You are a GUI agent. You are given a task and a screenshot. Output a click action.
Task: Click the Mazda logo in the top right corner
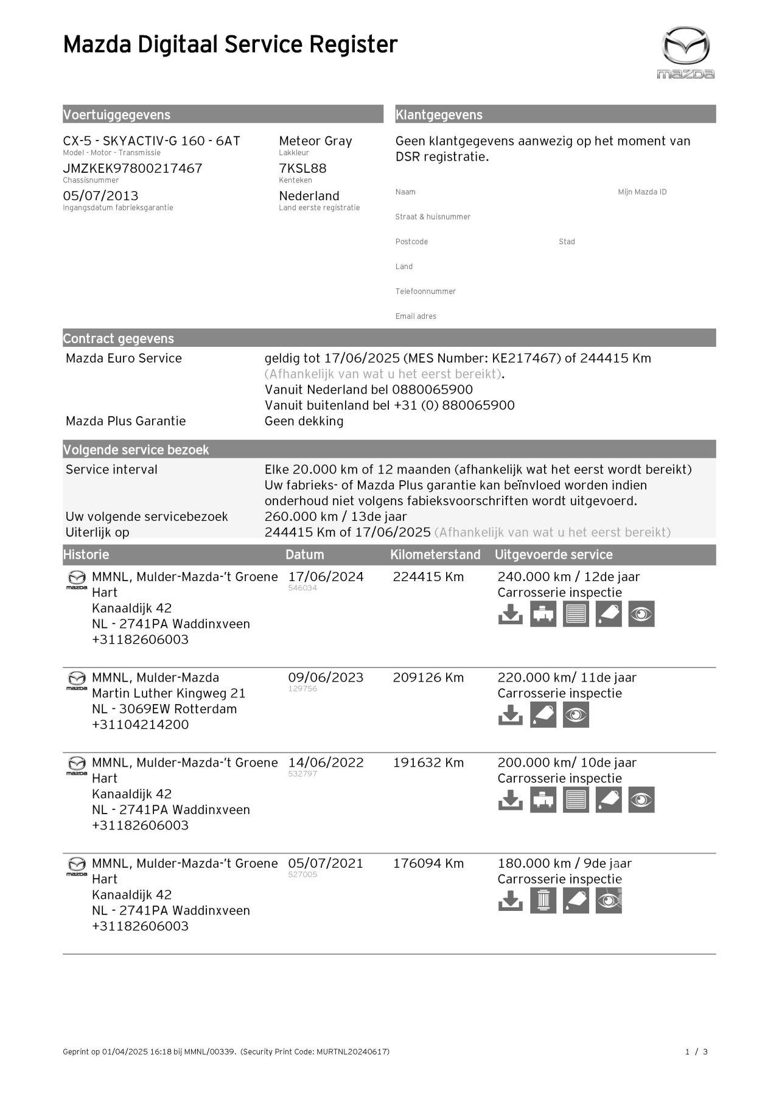[685, 52]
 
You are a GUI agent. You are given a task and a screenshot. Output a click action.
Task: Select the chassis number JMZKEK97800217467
[133, 169]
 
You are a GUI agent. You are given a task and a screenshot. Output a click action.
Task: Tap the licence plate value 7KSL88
[302, 169]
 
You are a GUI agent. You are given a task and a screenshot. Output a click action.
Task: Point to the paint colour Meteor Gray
[315, 141]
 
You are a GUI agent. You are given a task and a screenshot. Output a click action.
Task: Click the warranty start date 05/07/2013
[100, 196]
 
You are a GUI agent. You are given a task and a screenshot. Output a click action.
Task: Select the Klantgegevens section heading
[439, 115]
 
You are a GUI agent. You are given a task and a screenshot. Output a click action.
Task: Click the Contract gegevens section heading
[119, 339]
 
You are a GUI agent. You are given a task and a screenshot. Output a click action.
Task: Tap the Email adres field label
[416, 316]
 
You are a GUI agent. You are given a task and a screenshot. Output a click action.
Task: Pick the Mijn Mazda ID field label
[642, 192]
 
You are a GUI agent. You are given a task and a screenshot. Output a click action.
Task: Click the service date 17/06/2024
[326, 577]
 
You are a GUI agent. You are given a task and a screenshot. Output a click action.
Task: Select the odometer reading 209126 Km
[428, 678]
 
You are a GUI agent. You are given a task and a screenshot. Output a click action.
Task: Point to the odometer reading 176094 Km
[428, 863]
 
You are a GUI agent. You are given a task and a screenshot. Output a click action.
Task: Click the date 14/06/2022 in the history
[326, 762]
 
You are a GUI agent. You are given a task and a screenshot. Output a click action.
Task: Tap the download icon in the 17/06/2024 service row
[510, 615]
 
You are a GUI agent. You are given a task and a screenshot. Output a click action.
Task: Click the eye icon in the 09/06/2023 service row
[576, 715]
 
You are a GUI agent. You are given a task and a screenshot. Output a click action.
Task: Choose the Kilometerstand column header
[435, 555]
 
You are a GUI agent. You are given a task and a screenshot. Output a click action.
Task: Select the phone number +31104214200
[140, 725]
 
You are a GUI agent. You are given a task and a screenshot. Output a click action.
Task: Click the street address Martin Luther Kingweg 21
[169, 693]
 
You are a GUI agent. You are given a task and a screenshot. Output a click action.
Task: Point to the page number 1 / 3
[697, 1051]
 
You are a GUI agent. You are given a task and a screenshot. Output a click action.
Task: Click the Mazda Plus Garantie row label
[125, 421]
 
